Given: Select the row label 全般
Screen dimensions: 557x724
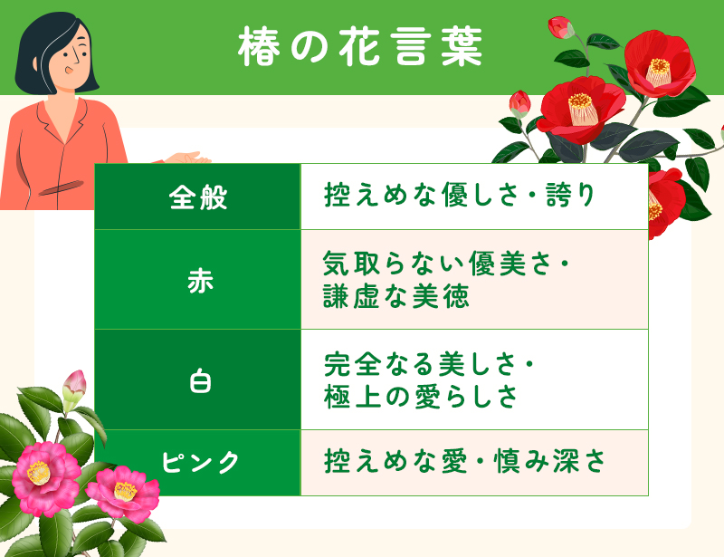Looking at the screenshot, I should (197, 197).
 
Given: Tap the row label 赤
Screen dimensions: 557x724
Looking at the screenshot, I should (197, 280).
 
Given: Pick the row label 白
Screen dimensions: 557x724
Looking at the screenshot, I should (197, 380).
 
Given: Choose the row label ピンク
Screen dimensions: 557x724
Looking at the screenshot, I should (199, 462).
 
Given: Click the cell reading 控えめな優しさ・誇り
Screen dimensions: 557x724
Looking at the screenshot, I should (460, 197).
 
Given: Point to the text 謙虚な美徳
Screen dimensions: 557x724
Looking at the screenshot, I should (396, 296).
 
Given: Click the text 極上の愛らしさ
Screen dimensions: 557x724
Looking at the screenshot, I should (420, 397).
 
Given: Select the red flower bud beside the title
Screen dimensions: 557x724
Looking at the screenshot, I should (561, 27).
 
